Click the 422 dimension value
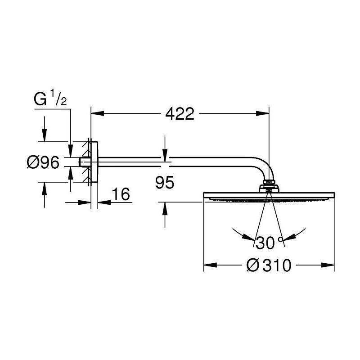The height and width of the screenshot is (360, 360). [180, 114]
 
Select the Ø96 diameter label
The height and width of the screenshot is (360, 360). [43, 162]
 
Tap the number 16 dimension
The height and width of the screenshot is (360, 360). [121, 194]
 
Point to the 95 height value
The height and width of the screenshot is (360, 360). [165, 183]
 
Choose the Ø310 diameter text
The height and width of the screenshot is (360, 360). [269, 265]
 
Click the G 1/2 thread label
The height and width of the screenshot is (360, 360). [50, 98]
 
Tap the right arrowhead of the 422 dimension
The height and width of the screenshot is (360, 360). [262, 113]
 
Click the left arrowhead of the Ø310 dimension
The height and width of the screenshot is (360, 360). [210, 265]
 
